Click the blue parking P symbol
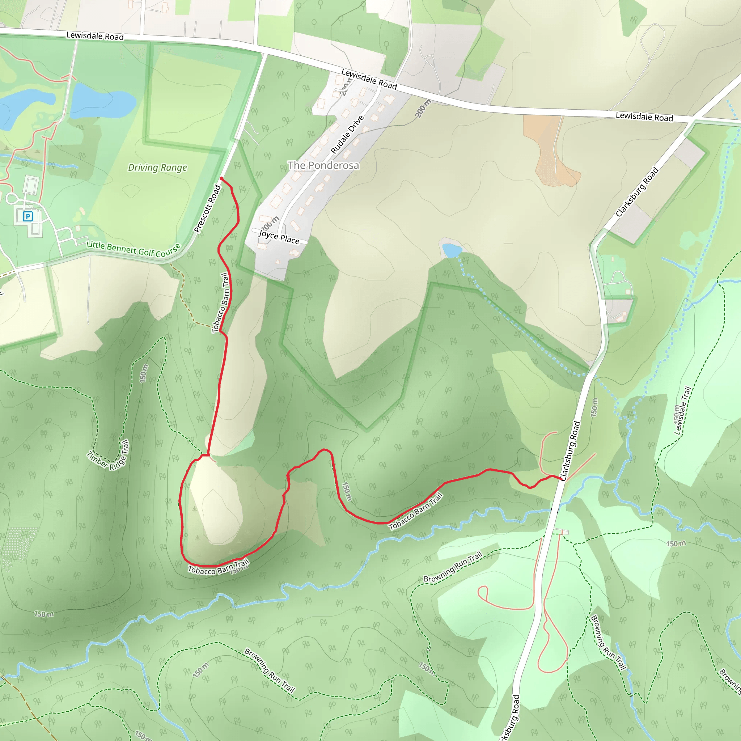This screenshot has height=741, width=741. pyautogui.click(x=27, y=216)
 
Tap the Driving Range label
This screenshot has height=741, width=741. pyautogui.click(x=157, y=168)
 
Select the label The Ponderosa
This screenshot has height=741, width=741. pyautogui.click(x=323, y=165)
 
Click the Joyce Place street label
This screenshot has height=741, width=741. pyautogui.click(x=279, y=237)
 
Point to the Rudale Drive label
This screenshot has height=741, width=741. pyautogui.click(x=347, y=134)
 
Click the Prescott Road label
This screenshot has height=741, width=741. pyautogui.click(x=207, y=209)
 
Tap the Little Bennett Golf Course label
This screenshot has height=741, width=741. pyautogui.click(x=134, y=249)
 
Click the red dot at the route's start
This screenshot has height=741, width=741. pyautogui.click(x=221, y=179)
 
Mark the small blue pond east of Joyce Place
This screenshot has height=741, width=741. pyautogui.click(x=452, y=251)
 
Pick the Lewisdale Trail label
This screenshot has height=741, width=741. pyautogui.click(x=682, y=411)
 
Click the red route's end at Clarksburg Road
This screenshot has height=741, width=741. pyautogui.click(x=561, y=478)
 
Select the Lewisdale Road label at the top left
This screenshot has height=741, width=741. pyautogui.click(x=95, y=36)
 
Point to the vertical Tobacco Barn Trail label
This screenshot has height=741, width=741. pyautogui.click(x=221, y=302)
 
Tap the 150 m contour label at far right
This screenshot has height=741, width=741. pyautogui.click(x=676, y=543)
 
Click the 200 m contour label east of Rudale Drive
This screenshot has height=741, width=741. pyautogui.click(x=423, y=109)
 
